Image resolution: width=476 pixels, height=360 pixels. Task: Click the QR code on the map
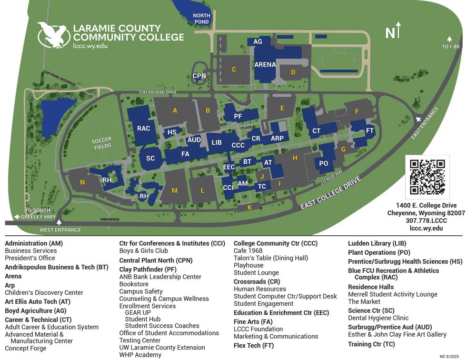[x=427, y=177]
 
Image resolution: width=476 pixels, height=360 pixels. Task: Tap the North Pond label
[x=201, y=19]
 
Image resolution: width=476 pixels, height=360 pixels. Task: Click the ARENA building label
[x=265, y=65]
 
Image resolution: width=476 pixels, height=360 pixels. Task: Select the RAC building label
[x=143, y=129]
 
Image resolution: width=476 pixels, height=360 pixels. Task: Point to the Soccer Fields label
[x=101, y=143]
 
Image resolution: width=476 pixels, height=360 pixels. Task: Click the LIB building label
[x=217, y=142]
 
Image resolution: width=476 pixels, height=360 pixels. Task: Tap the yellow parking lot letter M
[x=174, y=190]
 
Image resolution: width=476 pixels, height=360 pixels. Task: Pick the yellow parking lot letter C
[x=234, y=70]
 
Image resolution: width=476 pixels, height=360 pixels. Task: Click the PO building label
[x=324, y=163]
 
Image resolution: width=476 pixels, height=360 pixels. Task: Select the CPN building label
[x=199, y=76]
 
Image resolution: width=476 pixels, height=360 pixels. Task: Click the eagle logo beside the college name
[x=53, y=34]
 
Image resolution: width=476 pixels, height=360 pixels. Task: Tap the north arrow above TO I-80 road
[x=449, y=39]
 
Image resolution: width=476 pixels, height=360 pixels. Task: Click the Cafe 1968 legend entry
[x=248, y=251]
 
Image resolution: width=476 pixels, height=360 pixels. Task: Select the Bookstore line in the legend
[x=134, y=284]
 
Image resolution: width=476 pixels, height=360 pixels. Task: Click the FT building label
[x=370, y=131]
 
